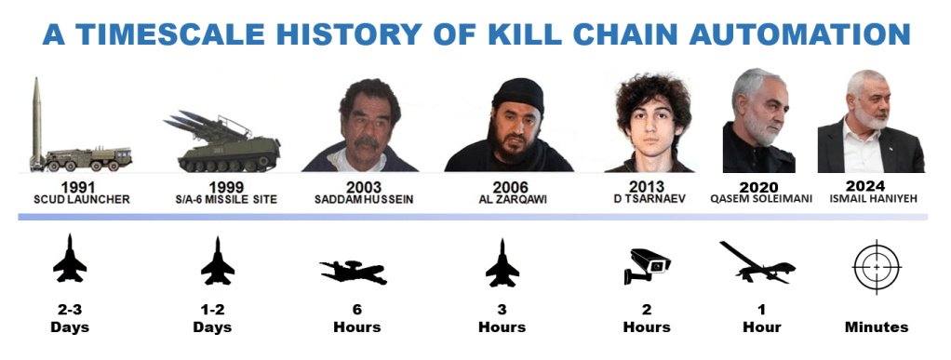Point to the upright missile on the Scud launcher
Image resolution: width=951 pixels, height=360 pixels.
click(x=37, y=121)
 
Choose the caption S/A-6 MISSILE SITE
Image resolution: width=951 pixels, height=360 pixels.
click(x=225, y=199)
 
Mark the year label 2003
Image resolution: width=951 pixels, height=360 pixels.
click(x=364, y=187)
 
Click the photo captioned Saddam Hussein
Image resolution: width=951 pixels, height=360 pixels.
click(x=363, y=125)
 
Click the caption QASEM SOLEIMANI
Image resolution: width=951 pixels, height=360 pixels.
click(x=760, y=199)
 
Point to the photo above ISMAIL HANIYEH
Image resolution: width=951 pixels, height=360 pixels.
click(x=871, y=121)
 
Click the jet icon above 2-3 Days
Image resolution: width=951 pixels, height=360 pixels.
click(x=70, y=259)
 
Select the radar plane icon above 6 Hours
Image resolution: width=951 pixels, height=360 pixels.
click(x=353, y=273)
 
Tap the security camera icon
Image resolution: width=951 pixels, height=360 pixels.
click(x=647, y=266)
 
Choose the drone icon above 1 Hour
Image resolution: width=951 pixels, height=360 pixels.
click(x=757, y=261)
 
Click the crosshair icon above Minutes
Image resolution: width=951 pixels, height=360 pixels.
click(x=877, y=267)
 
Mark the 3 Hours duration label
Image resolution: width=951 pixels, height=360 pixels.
click(x=502, y=319)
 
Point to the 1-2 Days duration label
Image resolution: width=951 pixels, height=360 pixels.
click(x=212, y=319)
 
